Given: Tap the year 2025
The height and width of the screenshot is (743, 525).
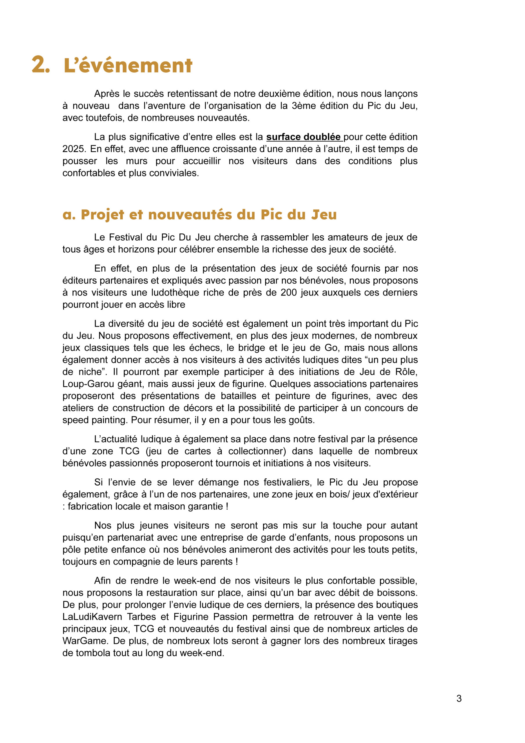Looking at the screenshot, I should point(74,149).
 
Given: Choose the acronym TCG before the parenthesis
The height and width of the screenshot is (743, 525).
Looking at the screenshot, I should point(129,451).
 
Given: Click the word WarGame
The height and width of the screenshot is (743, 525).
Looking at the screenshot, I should point(85,641).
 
